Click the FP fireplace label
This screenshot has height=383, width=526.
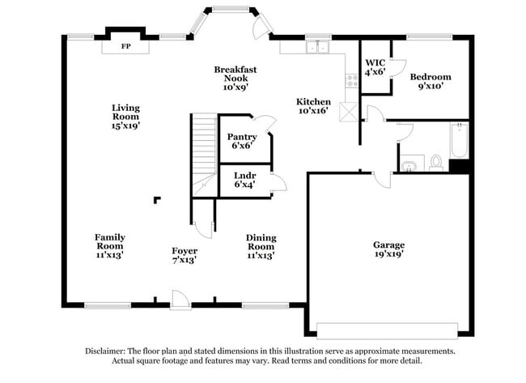click(125, 47)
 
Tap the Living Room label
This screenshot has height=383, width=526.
click(125, 116)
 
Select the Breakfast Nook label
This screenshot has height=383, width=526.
click(231, 78)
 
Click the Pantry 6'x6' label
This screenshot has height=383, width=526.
click(242, 142)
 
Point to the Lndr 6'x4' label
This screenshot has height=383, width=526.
click(244, 180)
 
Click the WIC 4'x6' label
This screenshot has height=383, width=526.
click(375, 66)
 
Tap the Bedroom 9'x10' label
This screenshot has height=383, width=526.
click(430, 82)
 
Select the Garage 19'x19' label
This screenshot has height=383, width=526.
click(388, 249)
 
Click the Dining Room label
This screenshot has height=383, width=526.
click(261, 246)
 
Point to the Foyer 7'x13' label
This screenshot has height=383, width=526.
click(185, 256)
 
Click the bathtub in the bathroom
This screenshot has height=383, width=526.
click(458, 142)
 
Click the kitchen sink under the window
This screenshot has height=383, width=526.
click(317, 47)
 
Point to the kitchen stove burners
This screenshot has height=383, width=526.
click(352, 80)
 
